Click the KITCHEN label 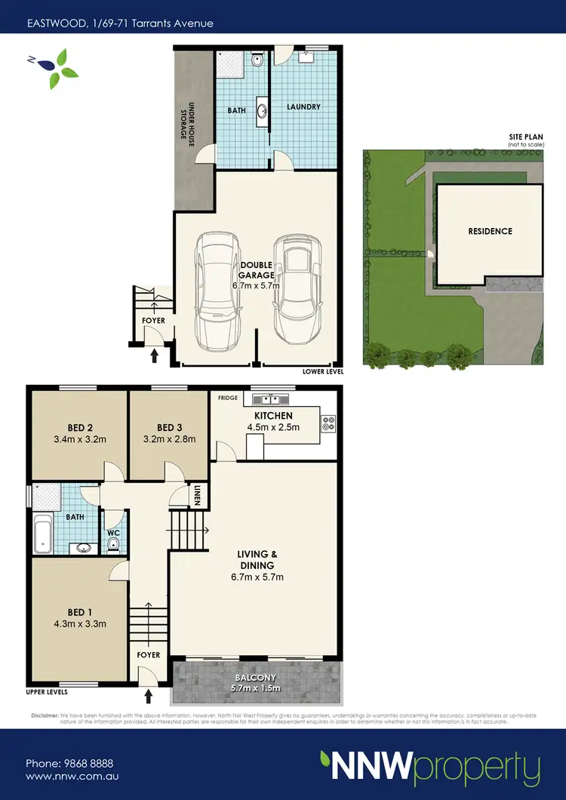pyautogui.click(x=273, y=416)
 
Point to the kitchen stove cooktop pyautogui.click(x=328, y=424)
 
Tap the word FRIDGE pyautogui.click(x=228, y=397)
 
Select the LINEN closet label pyautogui.click(x=198, y=495)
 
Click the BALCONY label pyautogui.click(x=257, y=678)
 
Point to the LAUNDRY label pyautogui.click(x=303, y=107)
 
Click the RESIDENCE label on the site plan pyautogui.click(x=489, y=232)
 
